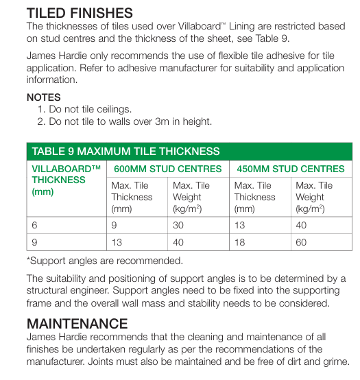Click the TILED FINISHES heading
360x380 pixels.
80,12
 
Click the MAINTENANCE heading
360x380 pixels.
77,323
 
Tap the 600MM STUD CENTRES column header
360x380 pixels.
167,169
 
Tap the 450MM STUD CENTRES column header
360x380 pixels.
290,169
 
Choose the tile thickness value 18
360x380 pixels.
241,241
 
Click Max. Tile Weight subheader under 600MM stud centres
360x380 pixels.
191,196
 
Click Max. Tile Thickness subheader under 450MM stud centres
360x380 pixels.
254,196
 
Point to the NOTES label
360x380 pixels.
43,97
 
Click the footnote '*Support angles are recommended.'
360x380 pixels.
104,261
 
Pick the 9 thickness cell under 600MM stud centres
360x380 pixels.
115,224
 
